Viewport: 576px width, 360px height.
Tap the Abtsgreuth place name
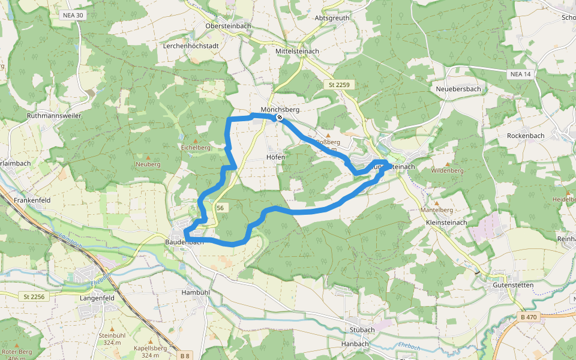(x=332, y=18)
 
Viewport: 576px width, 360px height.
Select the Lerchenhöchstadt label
(x=190, y=46)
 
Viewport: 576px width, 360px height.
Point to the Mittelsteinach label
(x=297, y=52)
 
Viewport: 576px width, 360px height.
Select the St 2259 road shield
(x=339, y=85)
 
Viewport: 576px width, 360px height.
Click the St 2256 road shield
(x=34, y=296)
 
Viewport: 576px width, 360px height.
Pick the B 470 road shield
(x=529, y=317)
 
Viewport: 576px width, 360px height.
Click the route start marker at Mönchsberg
(x=280, y=118)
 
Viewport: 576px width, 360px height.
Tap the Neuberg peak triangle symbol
(x=148, y=157)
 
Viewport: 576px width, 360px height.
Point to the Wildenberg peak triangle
(x=447, y=163)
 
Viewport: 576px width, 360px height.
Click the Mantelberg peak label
(x=437, y=211)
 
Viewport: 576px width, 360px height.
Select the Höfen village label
(x=275, y=157)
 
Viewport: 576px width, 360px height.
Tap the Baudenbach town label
(x=184, y=242)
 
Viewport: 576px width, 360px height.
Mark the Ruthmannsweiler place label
(x=54, y=115)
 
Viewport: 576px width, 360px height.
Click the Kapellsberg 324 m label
(x=150, y=352)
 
